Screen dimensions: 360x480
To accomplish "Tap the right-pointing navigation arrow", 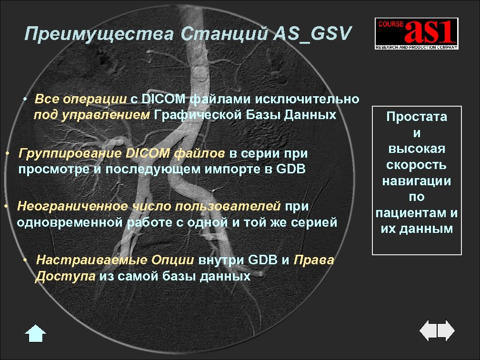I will pyautogui.click(x=447, y=330).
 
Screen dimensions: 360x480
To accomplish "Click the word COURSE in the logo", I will pyautogui.click(x=388, y=24).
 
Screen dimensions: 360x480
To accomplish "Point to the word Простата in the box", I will pyautogui.click(x=417, y=117).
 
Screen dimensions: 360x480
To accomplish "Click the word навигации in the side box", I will pyautogui.click(x=417, y=181).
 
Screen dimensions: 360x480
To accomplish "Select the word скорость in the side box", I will pyautogui.click(x=417, y=165).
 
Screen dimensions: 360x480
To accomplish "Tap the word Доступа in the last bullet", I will pyautogui.click(x=65, y=277).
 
